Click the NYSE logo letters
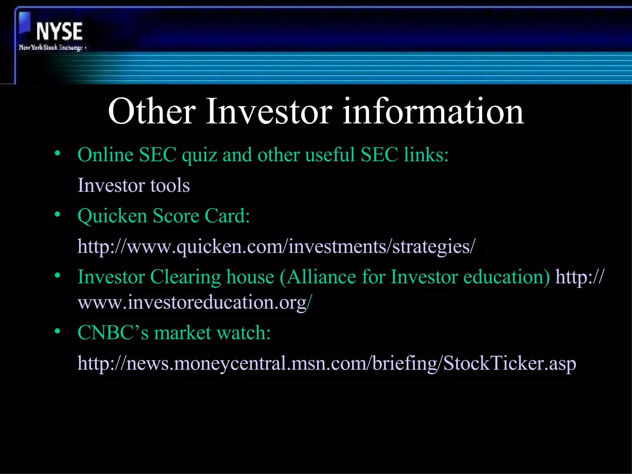(59, 31)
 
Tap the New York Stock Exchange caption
(51, 48)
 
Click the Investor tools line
(133, 185)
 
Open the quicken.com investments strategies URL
(276, 247)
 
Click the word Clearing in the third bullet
(185, 277)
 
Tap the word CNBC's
(113, 333)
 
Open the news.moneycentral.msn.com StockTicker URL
(326, 364)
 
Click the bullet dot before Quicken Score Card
(57, 214)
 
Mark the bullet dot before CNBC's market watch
(57, 331)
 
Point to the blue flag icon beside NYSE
(25, 23)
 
